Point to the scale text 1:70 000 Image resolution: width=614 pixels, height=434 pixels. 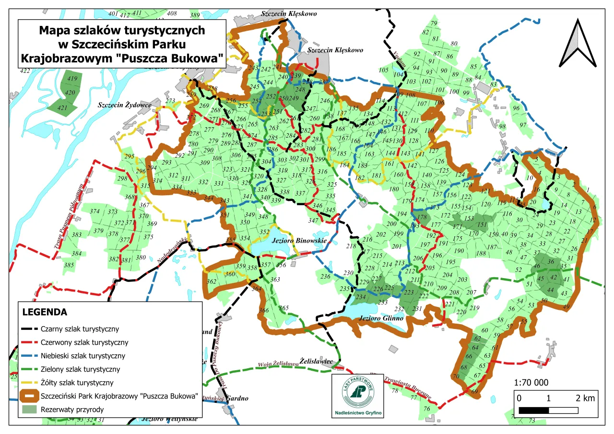[531, 383]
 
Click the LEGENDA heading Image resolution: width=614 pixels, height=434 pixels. [45, 312]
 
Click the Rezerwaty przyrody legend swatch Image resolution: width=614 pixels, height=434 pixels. [30, 410]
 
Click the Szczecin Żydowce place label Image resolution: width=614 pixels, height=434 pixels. [125, 105]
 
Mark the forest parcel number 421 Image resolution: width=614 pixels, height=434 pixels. [62, 108]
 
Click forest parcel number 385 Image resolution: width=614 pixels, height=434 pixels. [69, 265]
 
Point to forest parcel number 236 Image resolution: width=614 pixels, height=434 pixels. [326, 277]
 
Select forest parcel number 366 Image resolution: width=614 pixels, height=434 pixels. [263, 310]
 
